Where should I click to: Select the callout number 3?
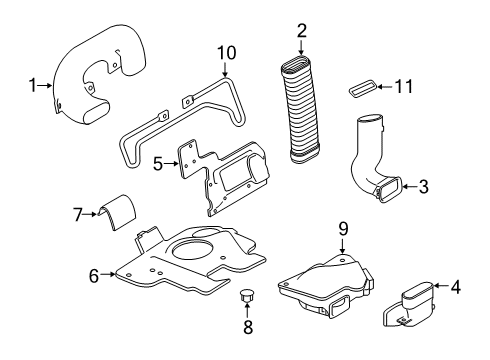(x=423, y=186)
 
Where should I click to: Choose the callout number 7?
(x=77, y=213)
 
